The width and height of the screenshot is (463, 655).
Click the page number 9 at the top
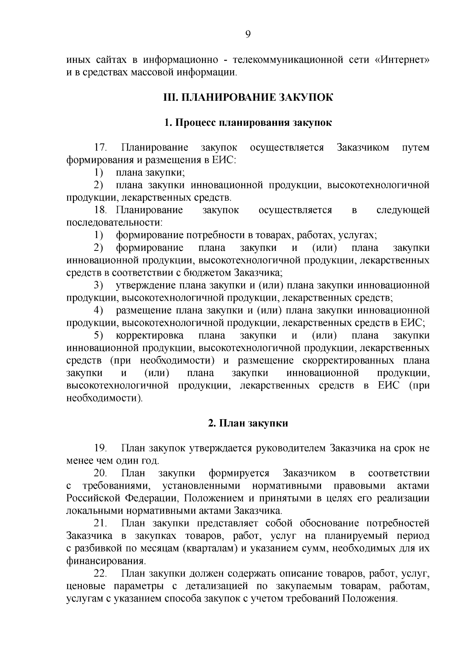point(248,35)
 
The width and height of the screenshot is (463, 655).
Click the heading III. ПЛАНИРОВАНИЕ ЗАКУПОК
point(248,98)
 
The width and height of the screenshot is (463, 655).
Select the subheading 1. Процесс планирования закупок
point(248,123)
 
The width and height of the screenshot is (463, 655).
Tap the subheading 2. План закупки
point(248,423)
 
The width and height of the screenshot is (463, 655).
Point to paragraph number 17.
point(100,148)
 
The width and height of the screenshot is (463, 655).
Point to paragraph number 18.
point(100,210)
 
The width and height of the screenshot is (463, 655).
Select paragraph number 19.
point(100,449)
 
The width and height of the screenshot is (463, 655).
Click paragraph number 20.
point(100,473)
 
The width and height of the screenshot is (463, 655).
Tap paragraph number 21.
point(100,523)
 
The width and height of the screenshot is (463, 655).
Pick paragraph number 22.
point(100,574)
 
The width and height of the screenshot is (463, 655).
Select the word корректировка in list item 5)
point(150,335)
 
